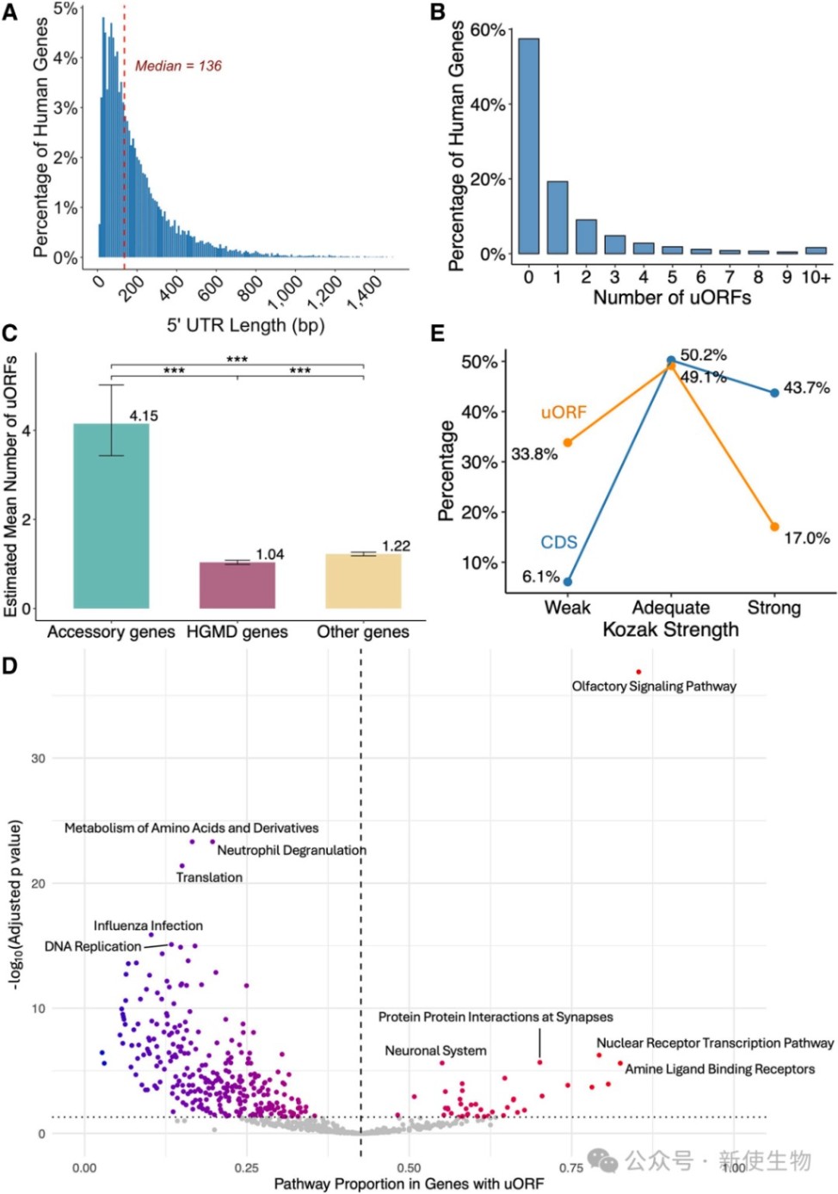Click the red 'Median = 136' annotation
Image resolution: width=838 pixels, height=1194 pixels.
click(178, 66)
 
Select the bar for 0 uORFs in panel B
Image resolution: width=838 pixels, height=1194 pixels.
click(528, 146)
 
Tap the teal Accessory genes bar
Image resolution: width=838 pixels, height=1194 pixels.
click(111, 516)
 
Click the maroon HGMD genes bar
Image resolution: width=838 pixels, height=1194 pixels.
click(237, 585)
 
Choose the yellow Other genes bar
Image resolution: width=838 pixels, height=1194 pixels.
click(363, 581)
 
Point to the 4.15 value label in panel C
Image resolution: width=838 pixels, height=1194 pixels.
click(144, 416)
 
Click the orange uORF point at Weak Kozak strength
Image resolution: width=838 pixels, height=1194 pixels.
click(568, 442)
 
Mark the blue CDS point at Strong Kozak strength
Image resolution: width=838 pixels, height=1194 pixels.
click(774, 392)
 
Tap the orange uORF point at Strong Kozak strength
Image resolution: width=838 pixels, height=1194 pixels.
click(774, 526)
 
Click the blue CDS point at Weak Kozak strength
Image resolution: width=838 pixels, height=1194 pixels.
click(568, 582)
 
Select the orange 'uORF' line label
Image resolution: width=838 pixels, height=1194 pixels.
click(564, 413)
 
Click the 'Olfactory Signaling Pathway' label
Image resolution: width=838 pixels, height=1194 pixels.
click(654, 686)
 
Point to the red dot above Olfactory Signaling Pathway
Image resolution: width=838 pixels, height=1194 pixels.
click(638, 672)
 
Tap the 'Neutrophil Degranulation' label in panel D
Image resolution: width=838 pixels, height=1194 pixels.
click(292, 851)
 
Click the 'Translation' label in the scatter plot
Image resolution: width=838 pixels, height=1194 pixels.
click(209, 877)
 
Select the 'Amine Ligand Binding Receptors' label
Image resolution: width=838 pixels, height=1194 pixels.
click(719, 1069)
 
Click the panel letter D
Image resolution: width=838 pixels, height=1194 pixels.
click(10, 666)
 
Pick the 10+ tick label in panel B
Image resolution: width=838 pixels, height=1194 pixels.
click(816, 277)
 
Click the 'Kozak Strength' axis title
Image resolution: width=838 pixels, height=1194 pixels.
click(670, 630)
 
